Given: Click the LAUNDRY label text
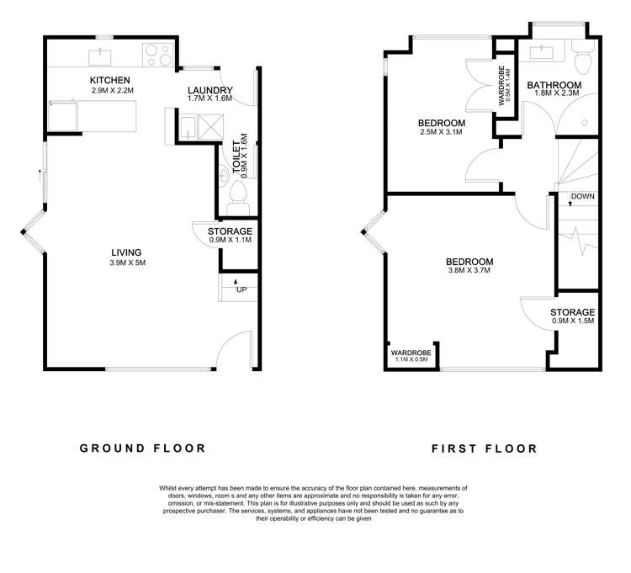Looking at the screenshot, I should pyautogui.click(x=209, y=91).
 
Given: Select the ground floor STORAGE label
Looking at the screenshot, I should pyautogui.click(x=230, y=231).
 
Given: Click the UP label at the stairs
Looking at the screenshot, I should pyautogui.click(x=241, y=290).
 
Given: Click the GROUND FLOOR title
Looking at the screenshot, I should pyautogui.click(x=142, y=448).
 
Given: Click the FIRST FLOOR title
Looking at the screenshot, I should pyautogui.click(x=484, y=448).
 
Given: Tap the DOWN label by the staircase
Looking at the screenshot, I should pyautogui.click(x=582, y=197).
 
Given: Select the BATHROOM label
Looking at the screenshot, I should pyautogui.click(x=554, y=85).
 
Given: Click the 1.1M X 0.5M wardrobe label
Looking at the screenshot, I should pyautogui.click(x=411, y=360).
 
